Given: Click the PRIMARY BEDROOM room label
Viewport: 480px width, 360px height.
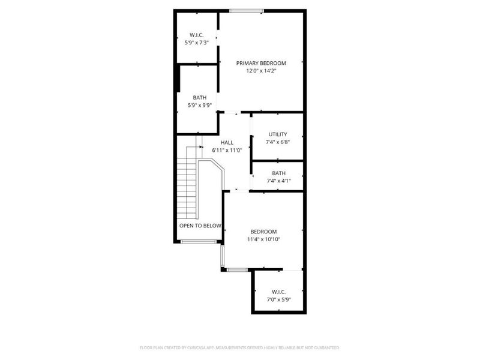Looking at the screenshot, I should [260, 63].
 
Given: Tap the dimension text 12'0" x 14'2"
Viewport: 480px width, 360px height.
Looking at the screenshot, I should [260, 71].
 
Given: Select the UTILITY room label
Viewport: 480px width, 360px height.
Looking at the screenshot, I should [278, 134].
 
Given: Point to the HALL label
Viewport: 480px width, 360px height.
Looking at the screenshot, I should [227, 142].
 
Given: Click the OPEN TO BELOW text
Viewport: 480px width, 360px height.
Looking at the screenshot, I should [200, 226].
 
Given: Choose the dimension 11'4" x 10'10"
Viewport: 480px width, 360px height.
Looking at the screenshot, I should [263, 239].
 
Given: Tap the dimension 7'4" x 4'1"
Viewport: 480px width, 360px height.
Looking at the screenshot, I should [278, 181].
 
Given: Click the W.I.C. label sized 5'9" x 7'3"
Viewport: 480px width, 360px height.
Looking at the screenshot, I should [197, 35].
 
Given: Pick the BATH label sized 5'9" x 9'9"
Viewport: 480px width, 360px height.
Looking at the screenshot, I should [199, 98].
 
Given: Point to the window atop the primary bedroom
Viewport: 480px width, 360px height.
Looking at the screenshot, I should [246, 10].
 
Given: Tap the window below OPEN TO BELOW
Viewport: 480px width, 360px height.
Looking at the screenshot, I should [199, 241].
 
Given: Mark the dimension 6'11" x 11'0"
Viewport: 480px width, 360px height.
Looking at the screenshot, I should [227, 150].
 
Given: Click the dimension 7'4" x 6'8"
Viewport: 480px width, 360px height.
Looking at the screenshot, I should [278, 142].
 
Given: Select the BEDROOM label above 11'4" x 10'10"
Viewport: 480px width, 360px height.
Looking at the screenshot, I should [263, 232].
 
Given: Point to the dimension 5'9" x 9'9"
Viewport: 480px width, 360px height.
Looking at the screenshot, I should [199, 106].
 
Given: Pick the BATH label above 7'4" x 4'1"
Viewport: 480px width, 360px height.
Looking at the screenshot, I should [278, 173].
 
